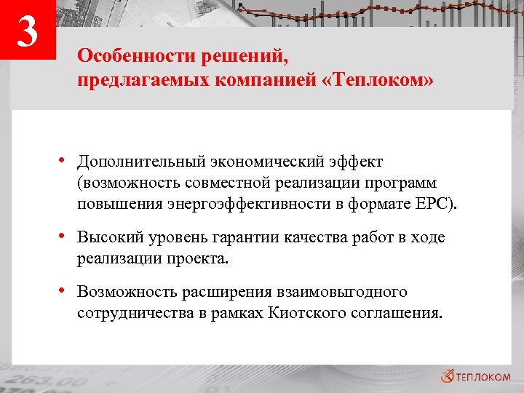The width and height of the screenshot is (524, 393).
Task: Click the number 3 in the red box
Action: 28,32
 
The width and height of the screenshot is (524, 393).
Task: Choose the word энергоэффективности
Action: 246,203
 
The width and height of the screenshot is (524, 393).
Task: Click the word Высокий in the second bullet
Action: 106,238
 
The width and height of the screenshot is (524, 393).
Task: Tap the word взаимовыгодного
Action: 339,292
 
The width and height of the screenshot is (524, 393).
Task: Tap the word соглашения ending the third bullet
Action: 397,313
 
